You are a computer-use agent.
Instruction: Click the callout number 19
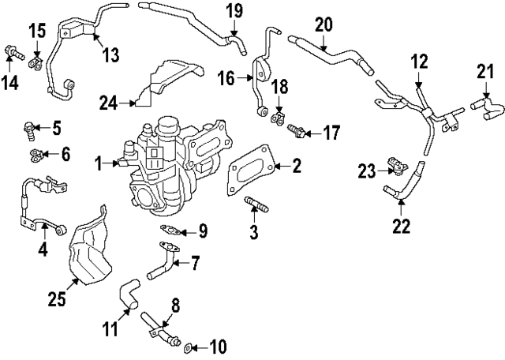click(235, 11)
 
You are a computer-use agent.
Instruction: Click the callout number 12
click(418, 60)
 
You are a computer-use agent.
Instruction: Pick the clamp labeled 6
click(35, 152)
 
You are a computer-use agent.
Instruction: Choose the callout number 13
click(110, 54)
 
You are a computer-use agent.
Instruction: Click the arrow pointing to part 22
click(402, 209)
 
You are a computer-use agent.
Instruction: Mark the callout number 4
click(43, 251)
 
